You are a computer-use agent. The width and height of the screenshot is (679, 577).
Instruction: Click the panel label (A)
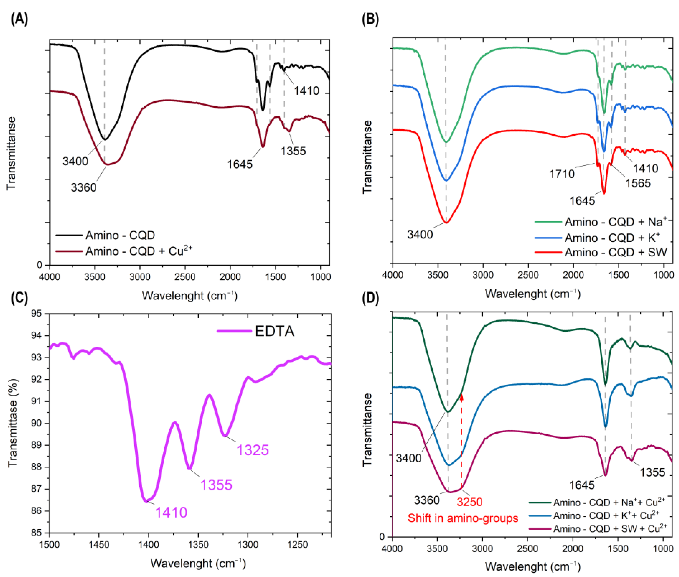pyautogui.click(x=19, y=19)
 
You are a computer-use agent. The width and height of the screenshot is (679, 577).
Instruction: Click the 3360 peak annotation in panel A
pyautogui.click(x=83, y=187)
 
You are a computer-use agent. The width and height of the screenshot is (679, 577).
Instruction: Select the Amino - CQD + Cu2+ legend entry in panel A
pyautogui.click(x=139, y=251)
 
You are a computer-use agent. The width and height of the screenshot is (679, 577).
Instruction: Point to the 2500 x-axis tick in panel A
pyautogui.click(x=185, y=277)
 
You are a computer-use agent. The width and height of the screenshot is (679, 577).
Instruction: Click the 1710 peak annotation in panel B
pyautogui.click(x=562, y=174)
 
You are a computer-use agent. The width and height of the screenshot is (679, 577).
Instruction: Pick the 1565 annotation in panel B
pyautogui.click(x=638, y=183)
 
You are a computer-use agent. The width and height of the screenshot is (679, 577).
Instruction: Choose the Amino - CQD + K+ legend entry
pyautogui.click(x=612, y=237)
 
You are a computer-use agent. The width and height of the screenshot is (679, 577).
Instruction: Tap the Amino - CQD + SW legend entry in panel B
pyautogui.click(x=615, y=252)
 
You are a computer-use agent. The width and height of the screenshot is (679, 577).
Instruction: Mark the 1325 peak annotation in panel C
pyautogui.click(x=253, y=450)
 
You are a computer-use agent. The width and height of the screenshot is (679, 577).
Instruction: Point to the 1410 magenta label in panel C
pyautogui.click(x=171, y=512)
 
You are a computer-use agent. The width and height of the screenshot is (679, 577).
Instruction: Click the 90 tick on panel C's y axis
pyautogui.click(x=36, y=423)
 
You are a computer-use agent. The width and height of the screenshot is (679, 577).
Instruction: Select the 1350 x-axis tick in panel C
pyautogui.click(x=198, y=545)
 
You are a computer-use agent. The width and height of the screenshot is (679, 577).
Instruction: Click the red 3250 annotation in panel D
pyautogui.click(x=469, y=502)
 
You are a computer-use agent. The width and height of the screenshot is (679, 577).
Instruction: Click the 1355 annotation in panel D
pyautogui.click(x=652, y=472)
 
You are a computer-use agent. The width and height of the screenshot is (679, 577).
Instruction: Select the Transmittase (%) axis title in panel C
pyautogui.click(x=12, y=423)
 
